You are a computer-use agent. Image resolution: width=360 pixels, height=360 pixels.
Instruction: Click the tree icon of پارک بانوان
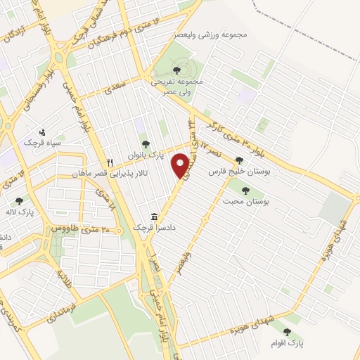[146, 144]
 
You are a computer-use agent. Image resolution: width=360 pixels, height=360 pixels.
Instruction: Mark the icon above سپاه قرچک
[42, 131]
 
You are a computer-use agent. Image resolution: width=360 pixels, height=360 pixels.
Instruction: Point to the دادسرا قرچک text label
[153, 229]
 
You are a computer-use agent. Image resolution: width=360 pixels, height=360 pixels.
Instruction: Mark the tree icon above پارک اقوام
[286, 331]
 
